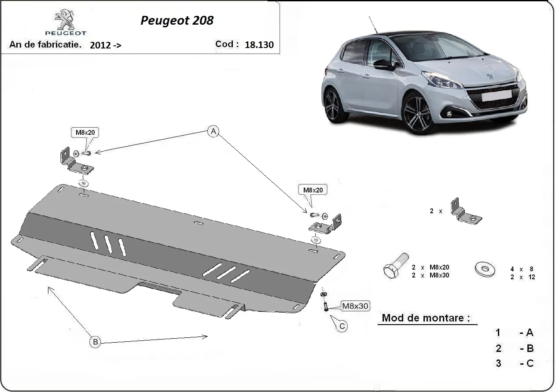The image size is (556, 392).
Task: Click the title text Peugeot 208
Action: [177, 21]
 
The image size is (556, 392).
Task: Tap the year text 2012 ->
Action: [106, 45]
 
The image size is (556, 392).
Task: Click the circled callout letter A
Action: [213, 131]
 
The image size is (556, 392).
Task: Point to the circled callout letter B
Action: [96, 341]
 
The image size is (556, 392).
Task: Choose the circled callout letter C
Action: [341, 326]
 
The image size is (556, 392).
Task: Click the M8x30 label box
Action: [355, 306]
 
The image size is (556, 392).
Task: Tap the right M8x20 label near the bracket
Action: [313, 190]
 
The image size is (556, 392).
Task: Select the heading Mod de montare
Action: [425, 318]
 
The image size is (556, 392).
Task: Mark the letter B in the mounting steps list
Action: [530, 348]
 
